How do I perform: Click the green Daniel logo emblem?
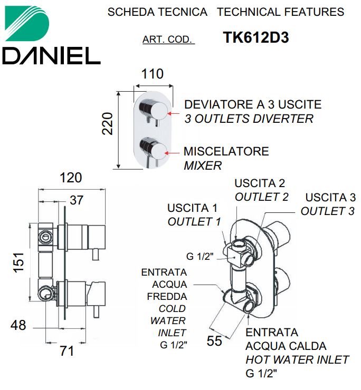click(x=27, y=24)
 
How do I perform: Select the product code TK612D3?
click(x=256, y=37)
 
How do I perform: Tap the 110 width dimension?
click(x=153, y=74)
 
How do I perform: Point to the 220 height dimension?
click(x=108, y=124)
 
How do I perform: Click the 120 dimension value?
click(x=71, y=178)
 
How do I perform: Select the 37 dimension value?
click(x=77, y=200)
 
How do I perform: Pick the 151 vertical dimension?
click(x=19, y=262)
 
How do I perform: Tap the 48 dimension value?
click(x=18, y=325)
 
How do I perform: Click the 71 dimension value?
click(x=67, y=351)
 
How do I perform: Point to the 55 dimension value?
click(x=214, y=341)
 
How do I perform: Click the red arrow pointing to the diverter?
click(x=174, y=114)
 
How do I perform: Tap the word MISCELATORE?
click(x=226, y=151)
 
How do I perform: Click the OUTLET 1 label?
click(x=194, y=222)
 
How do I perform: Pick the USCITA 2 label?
click(x=260, y=183)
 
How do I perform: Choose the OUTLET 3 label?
click(x=328, y=211)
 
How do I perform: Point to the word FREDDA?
click(x=167, y=297)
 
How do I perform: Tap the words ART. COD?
click(x=168, y=40)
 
